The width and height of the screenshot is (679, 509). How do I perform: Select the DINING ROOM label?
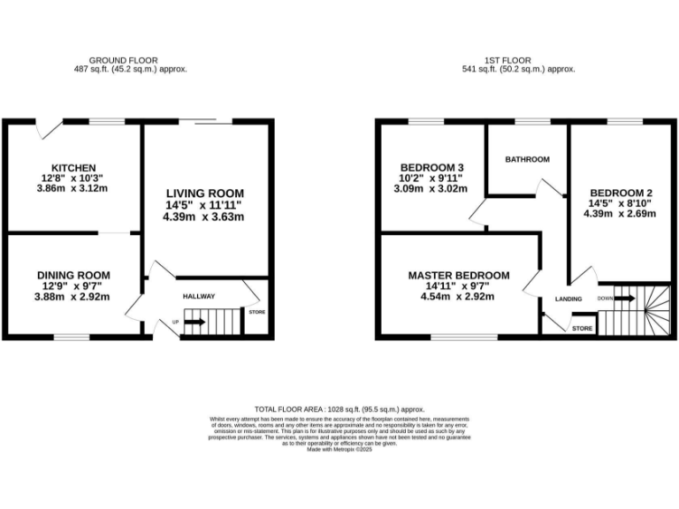tap(73, 275)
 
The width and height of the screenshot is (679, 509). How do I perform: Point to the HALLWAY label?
tap(199, 297)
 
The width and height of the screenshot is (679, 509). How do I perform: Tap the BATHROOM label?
tap(527, 160)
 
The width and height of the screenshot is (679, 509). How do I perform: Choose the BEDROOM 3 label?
tap(431, 168)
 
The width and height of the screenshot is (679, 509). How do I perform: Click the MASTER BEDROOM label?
tap(458, 276)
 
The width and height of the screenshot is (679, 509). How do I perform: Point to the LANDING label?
tap(568, 300)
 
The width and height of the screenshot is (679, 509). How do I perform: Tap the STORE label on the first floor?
tap(582, 329)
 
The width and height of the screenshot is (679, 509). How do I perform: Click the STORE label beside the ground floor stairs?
tap(256, 312)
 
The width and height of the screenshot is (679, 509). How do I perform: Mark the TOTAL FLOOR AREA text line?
tap(339, 410)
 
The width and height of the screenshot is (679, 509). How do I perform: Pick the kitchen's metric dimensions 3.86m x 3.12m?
tap(71, 188)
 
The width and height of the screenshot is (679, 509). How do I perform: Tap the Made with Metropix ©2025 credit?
tap(339, 450)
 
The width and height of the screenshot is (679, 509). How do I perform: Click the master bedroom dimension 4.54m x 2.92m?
tap(458, 297)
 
